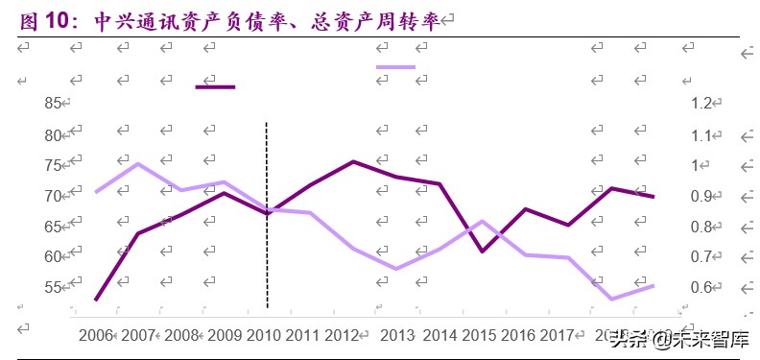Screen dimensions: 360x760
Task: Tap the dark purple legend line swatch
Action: pos(215,87)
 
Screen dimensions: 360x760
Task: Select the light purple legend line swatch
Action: pos(395,67)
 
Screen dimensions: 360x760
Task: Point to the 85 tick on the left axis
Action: pos(54,104)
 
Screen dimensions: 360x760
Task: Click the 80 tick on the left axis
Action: pos(54,134)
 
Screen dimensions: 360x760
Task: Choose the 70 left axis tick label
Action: pos(54,196)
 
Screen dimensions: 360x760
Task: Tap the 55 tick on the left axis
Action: pos(54,287)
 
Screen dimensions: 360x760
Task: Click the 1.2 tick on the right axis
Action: pos(701,104)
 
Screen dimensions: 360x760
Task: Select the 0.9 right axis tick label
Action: pos(701,196)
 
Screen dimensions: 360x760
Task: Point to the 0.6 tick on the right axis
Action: pos(701,287)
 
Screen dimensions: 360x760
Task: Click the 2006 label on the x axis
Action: pos(95,335)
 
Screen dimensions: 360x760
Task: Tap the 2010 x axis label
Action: pos(263,335)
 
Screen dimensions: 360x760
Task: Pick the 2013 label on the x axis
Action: pos(398,335)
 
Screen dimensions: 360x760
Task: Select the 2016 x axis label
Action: pos(519,335)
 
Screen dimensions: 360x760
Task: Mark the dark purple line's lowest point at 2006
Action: pos(96,300)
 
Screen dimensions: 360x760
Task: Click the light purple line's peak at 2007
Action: pos(138,163)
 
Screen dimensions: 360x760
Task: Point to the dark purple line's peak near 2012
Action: pos(353,161)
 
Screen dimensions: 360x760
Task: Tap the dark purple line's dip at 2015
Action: pos(482,252)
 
